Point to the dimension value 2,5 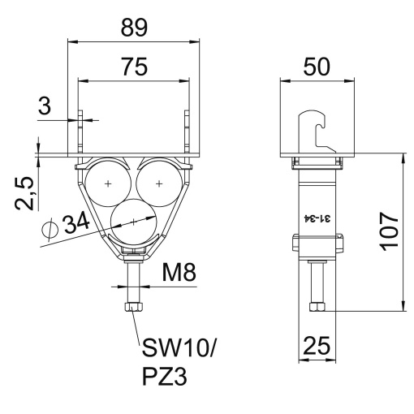(x=26, y=193)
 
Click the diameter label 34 (x=76, y=225)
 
